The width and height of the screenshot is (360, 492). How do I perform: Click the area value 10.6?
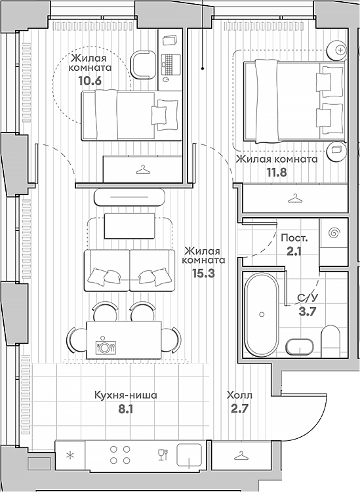[x=90, y=81]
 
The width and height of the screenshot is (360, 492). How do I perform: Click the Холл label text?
[x=239, y=396]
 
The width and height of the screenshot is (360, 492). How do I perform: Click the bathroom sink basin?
[x=301, y=345]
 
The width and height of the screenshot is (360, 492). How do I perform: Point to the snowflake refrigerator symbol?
[x=71, y=455]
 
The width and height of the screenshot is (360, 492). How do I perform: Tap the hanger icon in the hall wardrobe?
[x=241, y=454]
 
